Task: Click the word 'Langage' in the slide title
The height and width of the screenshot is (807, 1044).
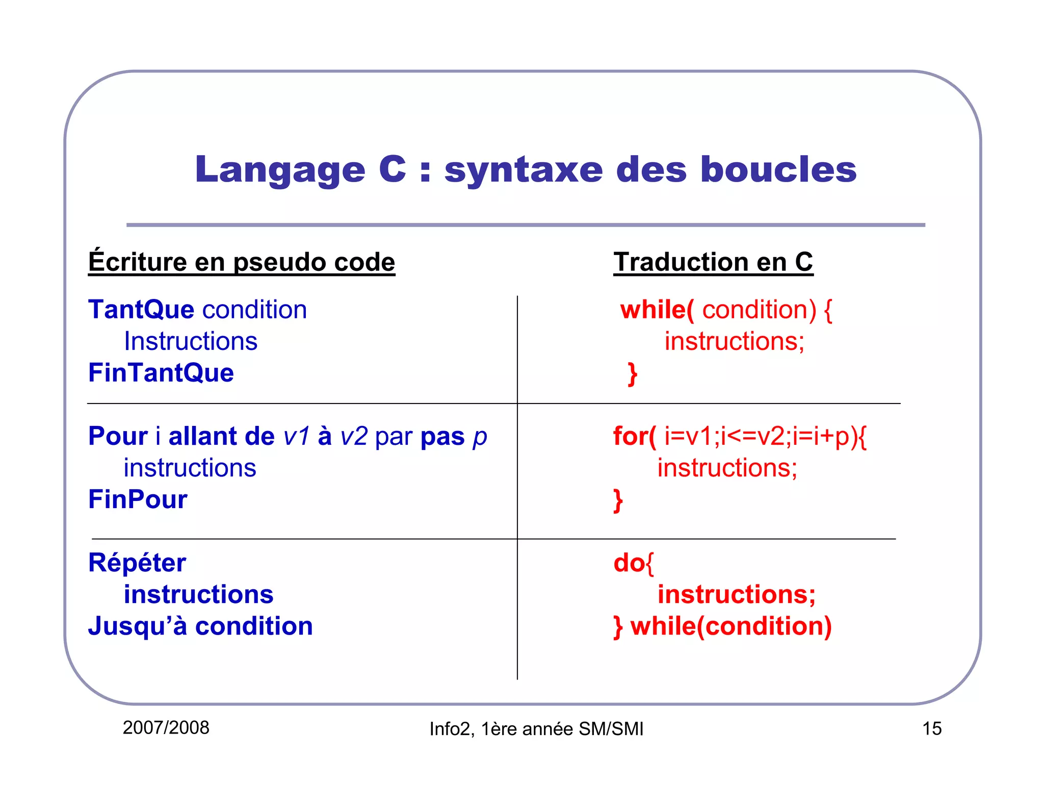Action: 280,170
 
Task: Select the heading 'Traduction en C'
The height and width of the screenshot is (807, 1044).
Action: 713,262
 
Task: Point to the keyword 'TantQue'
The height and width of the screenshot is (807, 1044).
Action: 141,310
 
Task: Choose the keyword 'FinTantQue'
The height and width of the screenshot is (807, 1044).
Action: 161,372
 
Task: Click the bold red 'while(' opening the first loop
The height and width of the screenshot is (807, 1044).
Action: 657,310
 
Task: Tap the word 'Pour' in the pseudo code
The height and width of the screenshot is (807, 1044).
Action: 118,436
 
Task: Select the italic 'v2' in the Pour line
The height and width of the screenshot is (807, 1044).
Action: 353,437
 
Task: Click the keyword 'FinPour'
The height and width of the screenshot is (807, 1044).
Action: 138,499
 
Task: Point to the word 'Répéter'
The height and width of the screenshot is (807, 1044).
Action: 137,563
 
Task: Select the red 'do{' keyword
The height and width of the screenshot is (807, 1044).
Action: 633,563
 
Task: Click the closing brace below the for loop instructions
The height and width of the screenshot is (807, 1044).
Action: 618,500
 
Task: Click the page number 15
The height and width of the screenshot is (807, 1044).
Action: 931,728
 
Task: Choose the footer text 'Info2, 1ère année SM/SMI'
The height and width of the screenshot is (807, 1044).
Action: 536,729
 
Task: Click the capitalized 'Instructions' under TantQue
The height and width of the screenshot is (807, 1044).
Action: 191,341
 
